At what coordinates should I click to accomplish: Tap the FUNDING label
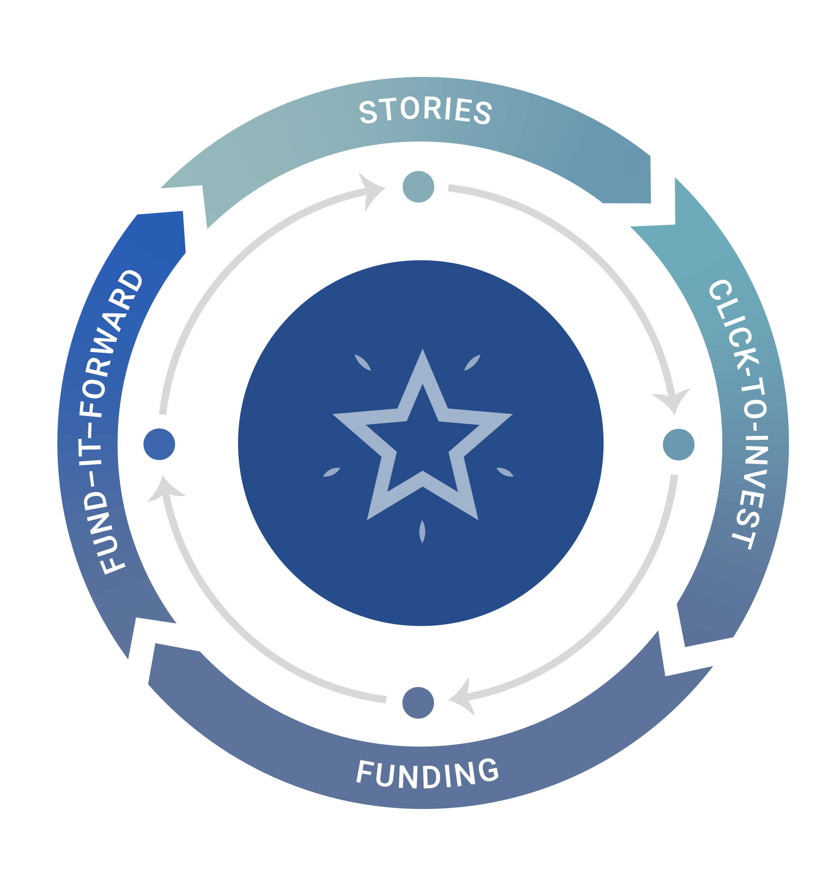tap(427, 774)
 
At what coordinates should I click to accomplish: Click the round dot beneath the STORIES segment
tap(418, 187)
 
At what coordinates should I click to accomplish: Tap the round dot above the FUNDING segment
tap(418, 703)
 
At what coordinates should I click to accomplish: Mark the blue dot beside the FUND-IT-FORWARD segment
tap(159, 444)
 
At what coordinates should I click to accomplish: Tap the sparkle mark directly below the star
tap(422, 532)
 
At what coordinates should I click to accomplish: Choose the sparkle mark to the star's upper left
tap(362, 362)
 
